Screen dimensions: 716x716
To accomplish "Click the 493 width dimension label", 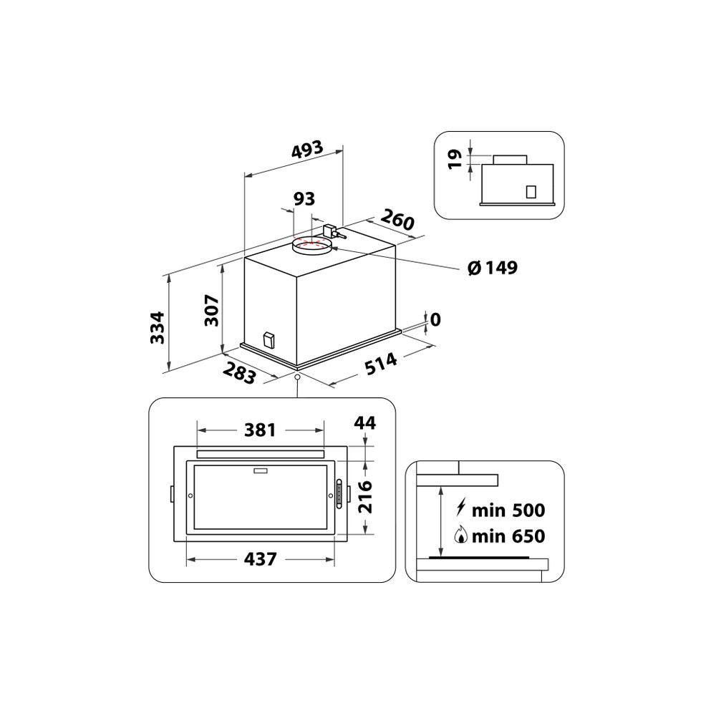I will tap(307, 150).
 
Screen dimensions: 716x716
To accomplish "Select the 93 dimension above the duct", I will tap(304, 198).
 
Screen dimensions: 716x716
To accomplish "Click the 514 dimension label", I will tap(381, 364).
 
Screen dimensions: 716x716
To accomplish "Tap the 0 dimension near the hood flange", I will tap(435, 319).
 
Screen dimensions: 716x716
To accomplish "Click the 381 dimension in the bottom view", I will tap(260, 430).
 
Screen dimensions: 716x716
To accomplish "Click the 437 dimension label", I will tap(260, 559).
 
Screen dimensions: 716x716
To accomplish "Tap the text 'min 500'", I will tap(509, 511).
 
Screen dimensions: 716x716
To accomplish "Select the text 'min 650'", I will tap(509, 536).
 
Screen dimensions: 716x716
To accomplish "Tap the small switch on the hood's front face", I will tap(268, 339).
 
